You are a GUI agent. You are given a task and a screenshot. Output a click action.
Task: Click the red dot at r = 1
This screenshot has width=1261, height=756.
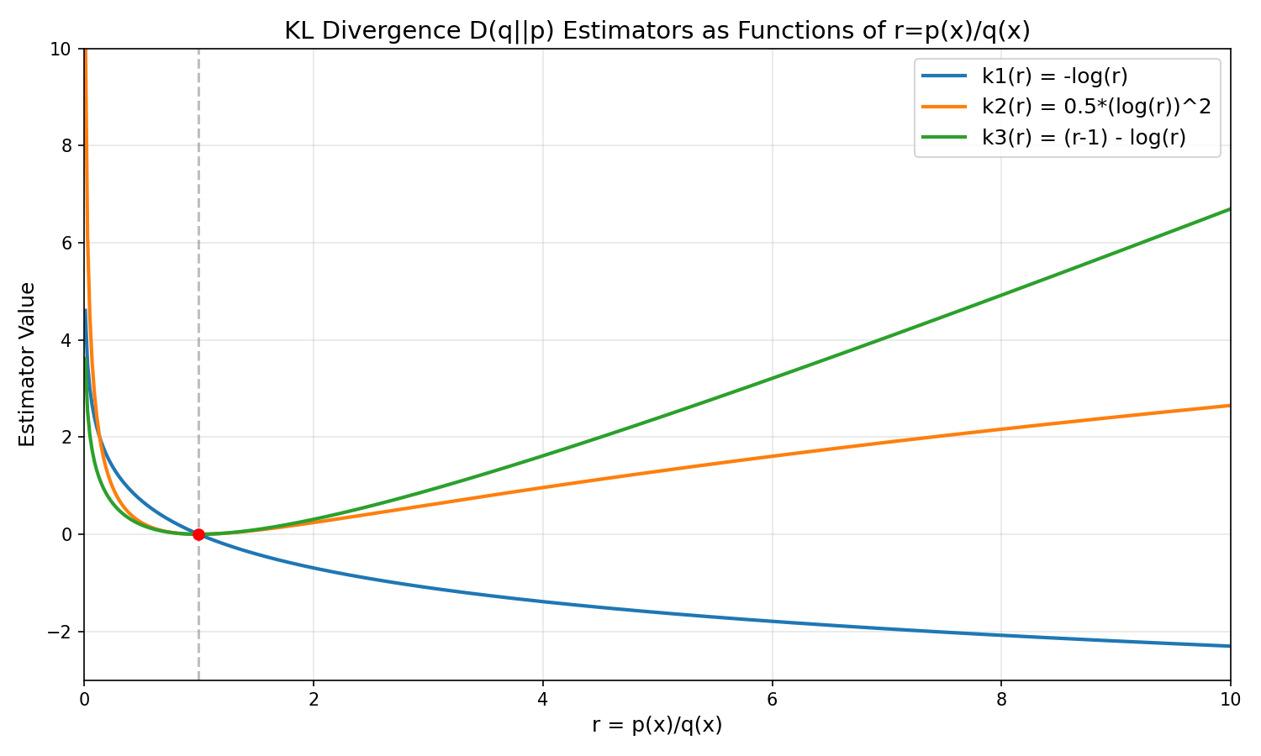198,534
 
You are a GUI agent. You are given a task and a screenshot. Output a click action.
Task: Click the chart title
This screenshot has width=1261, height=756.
657,31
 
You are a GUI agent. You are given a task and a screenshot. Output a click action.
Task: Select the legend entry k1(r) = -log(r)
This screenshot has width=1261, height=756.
1054,76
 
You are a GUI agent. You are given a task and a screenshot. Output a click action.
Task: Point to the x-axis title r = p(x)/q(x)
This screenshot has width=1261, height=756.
657,725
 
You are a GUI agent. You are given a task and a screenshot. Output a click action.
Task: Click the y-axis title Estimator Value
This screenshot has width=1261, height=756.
28,365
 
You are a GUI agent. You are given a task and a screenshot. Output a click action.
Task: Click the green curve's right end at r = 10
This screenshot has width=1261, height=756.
1229,209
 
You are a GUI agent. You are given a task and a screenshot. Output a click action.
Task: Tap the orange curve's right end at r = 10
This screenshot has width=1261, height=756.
1229,406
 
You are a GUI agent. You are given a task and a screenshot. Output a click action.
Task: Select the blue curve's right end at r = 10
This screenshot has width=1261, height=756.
1229,646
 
